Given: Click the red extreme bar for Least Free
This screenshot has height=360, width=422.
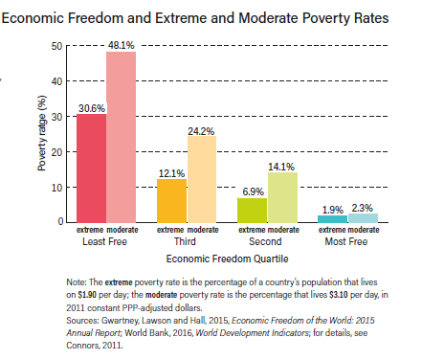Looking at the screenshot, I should (x=90, y=169).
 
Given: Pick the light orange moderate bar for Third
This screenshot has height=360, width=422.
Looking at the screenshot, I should (x=202, y=180).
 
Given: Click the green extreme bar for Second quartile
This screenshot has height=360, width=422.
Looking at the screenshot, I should (x=252, y=211).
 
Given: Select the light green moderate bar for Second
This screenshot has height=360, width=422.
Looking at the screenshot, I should (x=282, y=197).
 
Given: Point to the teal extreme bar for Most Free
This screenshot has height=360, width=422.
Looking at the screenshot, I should (x=333, y=220).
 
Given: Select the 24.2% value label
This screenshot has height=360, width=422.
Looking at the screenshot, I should (x=202, y=128).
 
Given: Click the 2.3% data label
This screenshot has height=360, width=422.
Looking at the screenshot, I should (x=364, y=208).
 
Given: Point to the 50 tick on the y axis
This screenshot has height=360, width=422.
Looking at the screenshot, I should (x=56, y=46).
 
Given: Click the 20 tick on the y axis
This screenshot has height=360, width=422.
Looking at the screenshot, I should (x=56, y=152).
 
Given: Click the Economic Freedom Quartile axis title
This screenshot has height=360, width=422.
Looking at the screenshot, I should (x=225, y=259).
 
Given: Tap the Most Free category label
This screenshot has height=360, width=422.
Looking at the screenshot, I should (x=348, y=242).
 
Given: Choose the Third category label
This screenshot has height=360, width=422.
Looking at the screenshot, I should (x=187, y=242).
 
